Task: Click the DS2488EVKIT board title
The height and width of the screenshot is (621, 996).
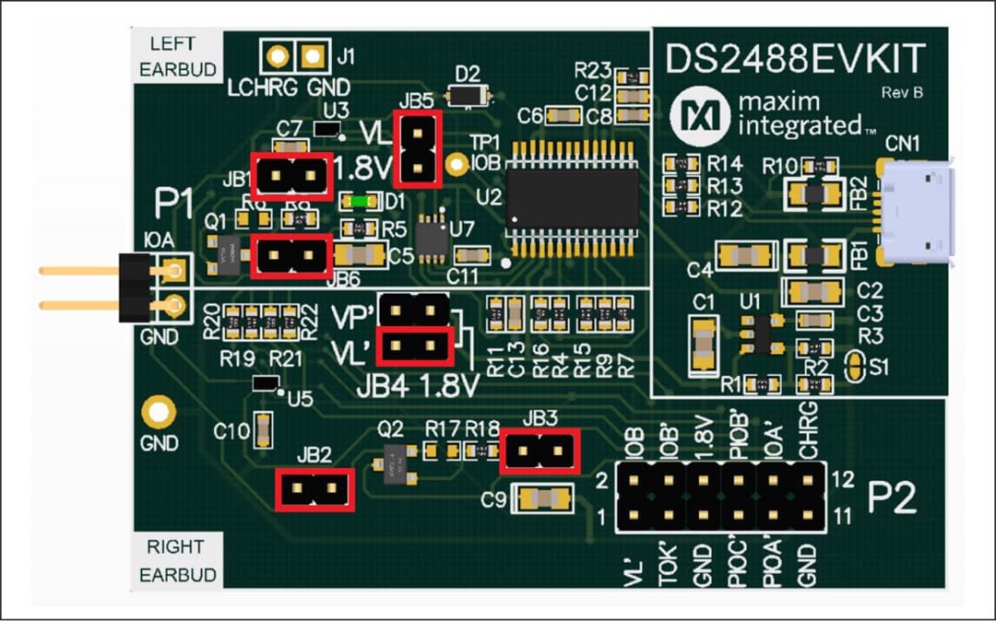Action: coord(796,60)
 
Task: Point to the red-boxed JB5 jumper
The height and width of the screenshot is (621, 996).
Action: coord(418,148)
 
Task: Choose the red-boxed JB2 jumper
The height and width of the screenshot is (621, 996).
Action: coord(315,489)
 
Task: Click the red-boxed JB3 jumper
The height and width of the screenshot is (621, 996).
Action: coord(539,451)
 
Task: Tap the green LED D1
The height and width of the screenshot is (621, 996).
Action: coord(356,201)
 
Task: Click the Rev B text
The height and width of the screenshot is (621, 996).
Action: coord(902,92)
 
